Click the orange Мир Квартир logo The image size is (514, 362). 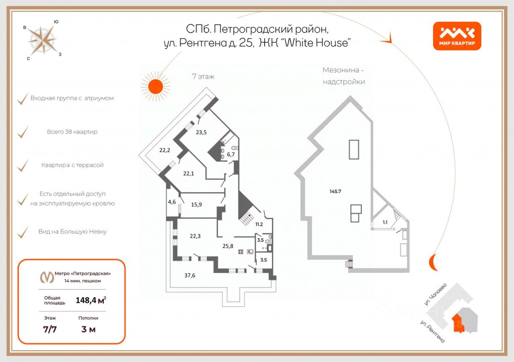pos(457,35)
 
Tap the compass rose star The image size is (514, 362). pos(42,40)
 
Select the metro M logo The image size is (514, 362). pos(47,277)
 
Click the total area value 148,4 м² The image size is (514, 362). pos(91,300)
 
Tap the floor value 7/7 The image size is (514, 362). pos(50,329)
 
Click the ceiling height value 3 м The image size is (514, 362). pos(88,329)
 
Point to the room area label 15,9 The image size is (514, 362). pos(196,204)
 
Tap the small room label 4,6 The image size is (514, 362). pos(172,202)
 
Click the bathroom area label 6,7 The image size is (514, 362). pos(231,154)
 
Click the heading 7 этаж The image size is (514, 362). pos(204,76)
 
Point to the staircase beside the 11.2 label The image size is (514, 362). pos(245,218)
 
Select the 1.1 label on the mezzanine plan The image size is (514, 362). pos(385,222)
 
